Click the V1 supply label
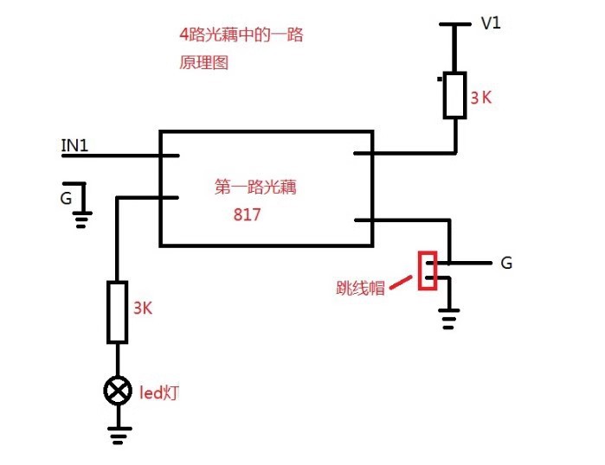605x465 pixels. coord(491,23)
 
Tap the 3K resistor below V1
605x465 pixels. coord(455,96)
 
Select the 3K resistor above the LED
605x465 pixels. coord(118,311)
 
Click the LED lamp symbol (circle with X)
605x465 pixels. coord(117,392)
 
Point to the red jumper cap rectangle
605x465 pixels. coord(427,271)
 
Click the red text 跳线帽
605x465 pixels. coord(360,289)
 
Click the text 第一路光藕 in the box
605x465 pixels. coord(254,187)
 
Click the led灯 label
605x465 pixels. coord(159,393)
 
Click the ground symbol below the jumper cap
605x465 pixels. coord(448,322)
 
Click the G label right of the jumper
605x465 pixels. coord(506,263)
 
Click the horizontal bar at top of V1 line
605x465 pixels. coord(455,25)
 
